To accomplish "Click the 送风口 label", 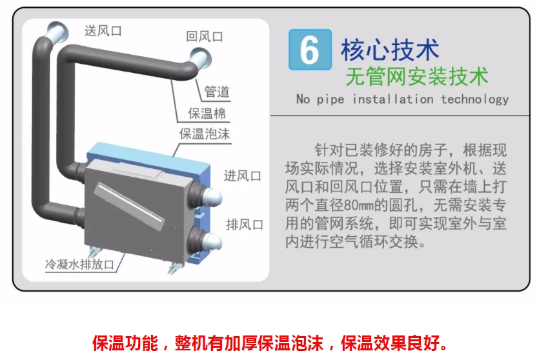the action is (x=103, y=31).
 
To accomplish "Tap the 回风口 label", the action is (x=205, y=36).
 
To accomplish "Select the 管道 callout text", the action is (x=217, y=92).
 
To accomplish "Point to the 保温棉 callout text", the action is (x=207, y=114).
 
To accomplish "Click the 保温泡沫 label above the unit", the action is (x=204, y=134).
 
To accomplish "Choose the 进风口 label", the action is (x=243, y=176).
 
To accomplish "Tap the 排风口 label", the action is (x=245, y=225).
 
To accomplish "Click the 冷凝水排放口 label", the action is (x=80, y=265).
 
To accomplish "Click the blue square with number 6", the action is (x=310, y=50).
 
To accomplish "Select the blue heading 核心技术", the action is (x=390, y=50).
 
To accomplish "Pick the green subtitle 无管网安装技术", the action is (x=417, y=76).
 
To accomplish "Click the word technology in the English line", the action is (x=474, y=99).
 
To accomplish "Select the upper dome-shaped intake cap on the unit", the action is (x=212, y=198).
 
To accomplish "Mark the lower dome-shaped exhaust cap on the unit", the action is (x=212, y=242).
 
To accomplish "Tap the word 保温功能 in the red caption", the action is (x=125, y=343).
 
